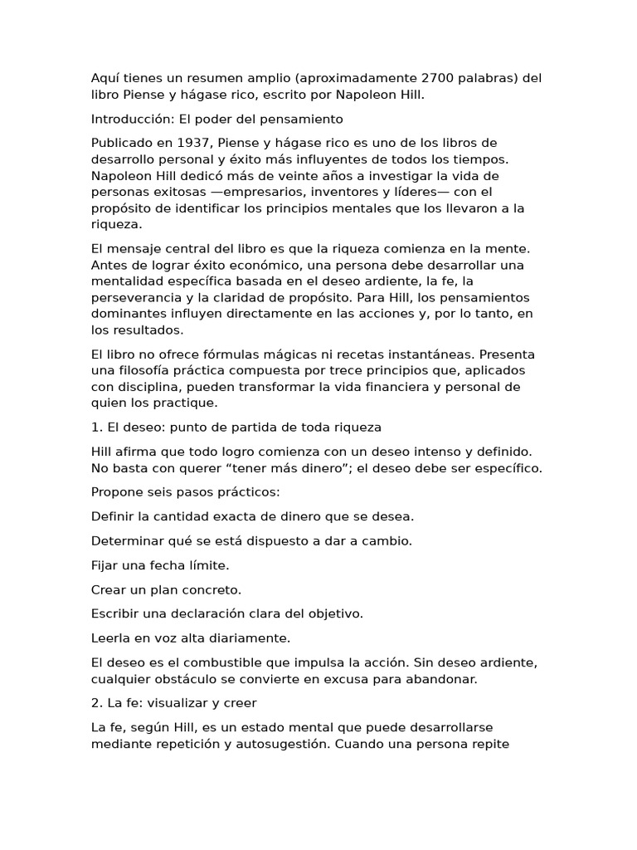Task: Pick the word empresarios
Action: (x=264, y=192)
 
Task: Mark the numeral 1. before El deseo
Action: (x=96, y=427)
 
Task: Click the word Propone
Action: (x=117, y=492)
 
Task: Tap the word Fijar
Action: (x=107, y=565)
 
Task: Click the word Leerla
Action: (x=111, y=638)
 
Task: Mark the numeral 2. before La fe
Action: (x=96, y=703)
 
